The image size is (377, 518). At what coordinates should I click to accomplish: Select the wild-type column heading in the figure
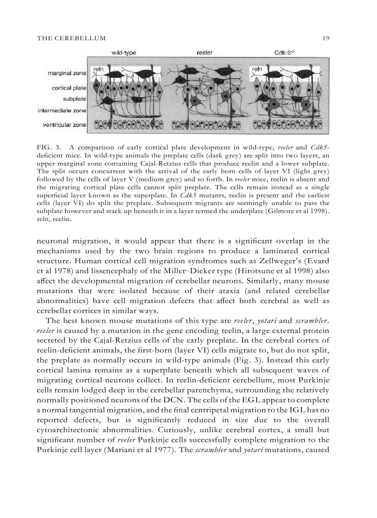[124, 53]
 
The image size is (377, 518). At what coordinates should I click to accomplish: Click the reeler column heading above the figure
[205, 53]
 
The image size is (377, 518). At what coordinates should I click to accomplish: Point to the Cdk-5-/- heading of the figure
[285, 53]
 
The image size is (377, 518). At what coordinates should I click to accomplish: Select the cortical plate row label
[68, 88]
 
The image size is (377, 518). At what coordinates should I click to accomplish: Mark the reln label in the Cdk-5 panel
[256, 69]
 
